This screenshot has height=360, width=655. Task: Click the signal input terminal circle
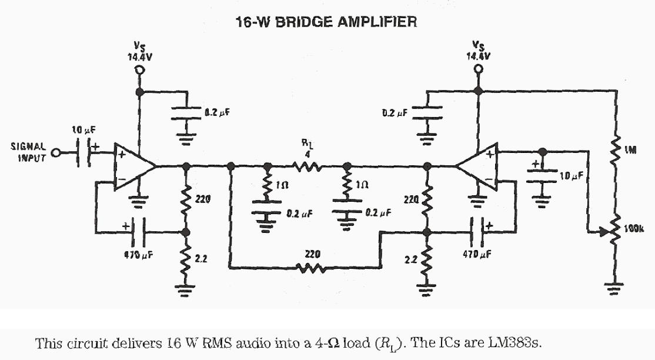(56, 153)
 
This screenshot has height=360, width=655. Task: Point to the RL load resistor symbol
(306, 167)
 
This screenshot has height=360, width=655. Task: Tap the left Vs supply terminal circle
(140, 71)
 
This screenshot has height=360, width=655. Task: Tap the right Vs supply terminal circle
(479, 71)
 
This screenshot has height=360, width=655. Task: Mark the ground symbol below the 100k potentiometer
(616, 288)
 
